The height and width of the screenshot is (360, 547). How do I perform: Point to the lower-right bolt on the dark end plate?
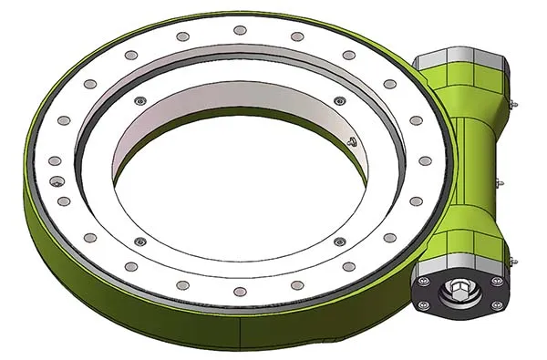496,306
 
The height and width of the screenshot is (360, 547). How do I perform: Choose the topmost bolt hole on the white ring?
240,30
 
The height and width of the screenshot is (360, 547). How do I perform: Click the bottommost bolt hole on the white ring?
240,292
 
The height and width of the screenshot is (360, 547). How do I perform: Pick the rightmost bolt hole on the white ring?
424,160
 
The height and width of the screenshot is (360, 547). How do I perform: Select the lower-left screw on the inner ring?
139,242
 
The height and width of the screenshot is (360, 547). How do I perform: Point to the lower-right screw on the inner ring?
339,242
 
